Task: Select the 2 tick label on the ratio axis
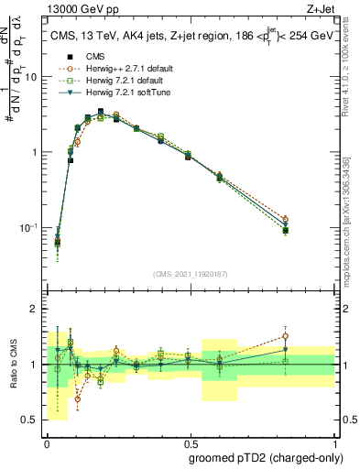[36, 309]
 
